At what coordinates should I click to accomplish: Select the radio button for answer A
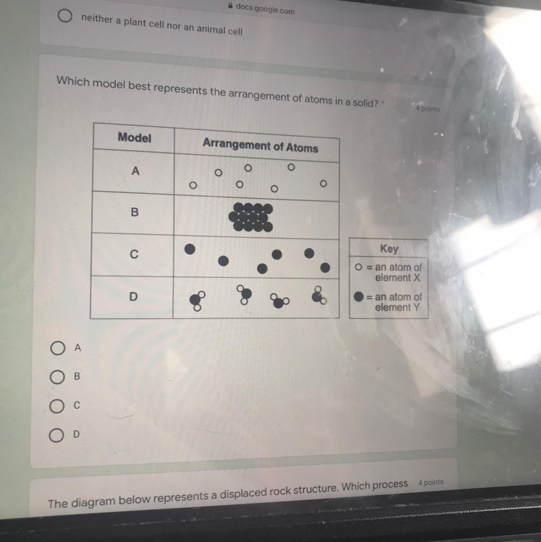coord(58,348)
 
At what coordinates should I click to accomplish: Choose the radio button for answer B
coord(57,377)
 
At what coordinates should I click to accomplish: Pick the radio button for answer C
coord(57,406)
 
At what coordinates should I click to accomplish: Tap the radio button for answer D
coord(56,435)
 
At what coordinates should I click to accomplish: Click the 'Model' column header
coord(134,138)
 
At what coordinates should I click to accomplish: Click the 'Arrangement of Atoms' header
coord(260,145)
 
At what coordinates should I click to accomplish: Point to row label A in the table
coord(135,171)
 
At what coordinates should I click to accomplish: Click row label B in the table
coord(135,212)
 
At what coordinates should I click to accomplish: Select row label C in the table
coord(134,254)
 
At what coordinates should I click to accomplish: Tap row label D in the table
coord(134,296)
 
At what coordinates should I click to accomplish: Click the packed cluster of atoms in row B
coord(251,217)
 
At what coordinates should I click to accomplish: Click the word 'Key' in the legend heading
coord(389,248)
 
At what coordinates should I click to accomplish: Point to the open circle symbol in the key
coord(358,266)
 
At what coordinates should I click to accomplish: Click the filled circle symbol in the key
coord(359,296)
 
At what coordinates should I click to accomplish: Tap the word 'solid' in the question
coord(365,103)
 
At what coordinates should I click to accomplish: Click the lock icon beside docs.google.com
coord(231,5)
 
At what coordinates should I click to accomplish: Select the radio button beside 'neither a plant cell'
coord(65,16)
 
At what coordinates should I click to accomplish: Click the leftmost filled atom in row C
coord(190,249)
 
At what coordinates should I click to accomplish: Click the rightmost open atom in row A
coord(323,184)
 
